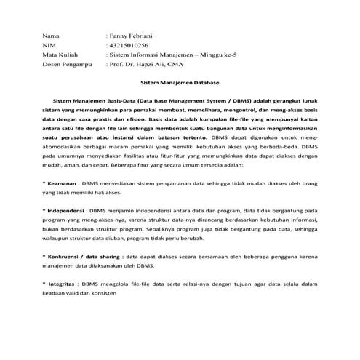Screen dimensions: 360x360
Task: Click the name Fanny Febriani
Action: point(132,35)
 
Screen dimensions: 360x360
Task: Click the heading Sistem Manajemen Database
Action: point(180,84)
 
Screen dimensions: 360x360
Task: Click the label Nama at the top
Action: point(50,35)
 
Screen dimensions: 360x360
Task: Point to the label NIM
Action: point(49,44)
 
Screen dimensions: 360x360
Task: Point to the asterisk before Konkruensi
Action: point(44,257)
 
